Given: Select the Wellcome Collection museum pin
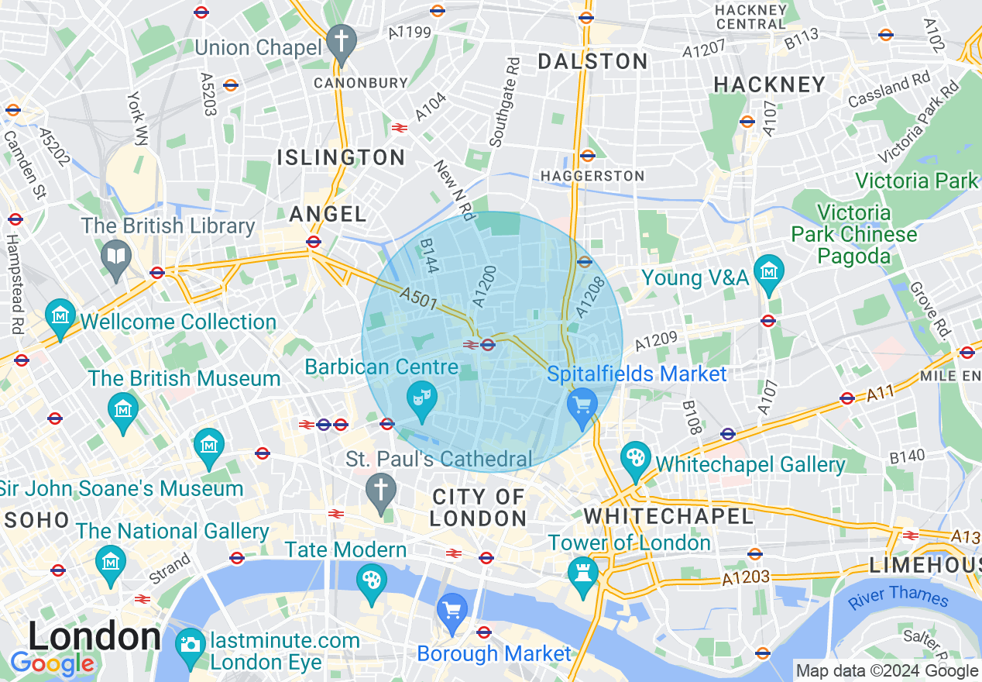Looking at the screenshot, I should coord(60,315).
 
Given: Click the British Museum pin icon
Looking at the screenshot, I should coord(123,408).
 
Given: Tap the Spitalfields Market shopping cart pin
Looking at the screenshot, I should coord(582,406).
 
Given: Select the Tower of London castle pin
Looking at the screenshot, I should coord(580,573).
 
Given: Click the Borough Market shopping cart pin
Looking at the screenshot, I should coord(452,610).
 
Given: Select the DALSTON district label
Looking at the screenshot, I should coord(592,62).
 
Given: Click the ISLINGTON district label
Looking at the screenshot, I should coord(341,158).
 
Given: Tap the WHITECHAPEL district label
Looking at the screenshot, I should coord(668,516).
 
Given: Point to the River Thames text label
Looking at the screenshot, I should coord(898,597).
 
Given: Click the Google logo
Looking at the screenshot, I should coord(52,664).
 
